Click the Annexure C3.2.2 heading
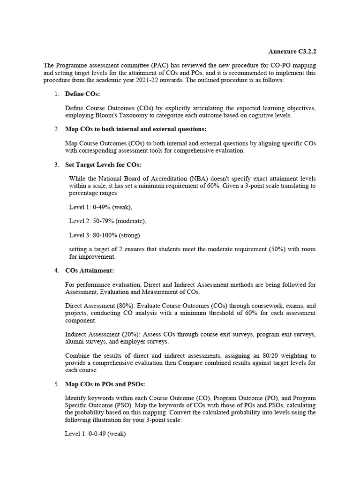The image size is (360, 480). (x=295, y=51)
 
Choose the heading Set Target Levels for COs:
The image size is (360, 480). (x=103, y=165)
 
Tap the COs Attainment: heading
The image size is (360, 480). (x=90, y=270)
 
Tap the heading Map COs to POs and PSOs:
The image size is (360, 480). (x=105, y=384)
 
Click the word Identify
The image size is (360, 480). (x=76, y=398)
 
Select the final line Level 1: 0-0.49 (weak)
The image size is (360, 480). (x=95, y=434)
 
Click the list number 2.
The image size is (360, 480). (x=56, y=129)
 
